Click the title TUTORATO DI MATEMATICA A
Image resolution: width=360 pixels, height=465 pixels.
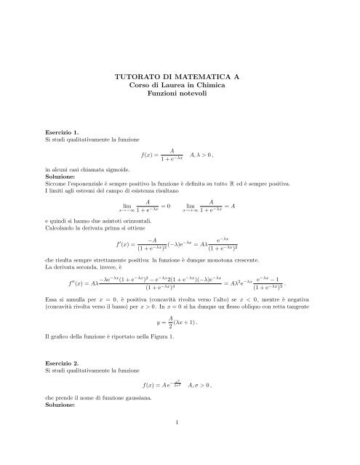click(180, 76)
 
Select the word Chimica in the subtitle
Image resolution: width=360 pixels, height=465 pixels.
click(211, 86)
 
